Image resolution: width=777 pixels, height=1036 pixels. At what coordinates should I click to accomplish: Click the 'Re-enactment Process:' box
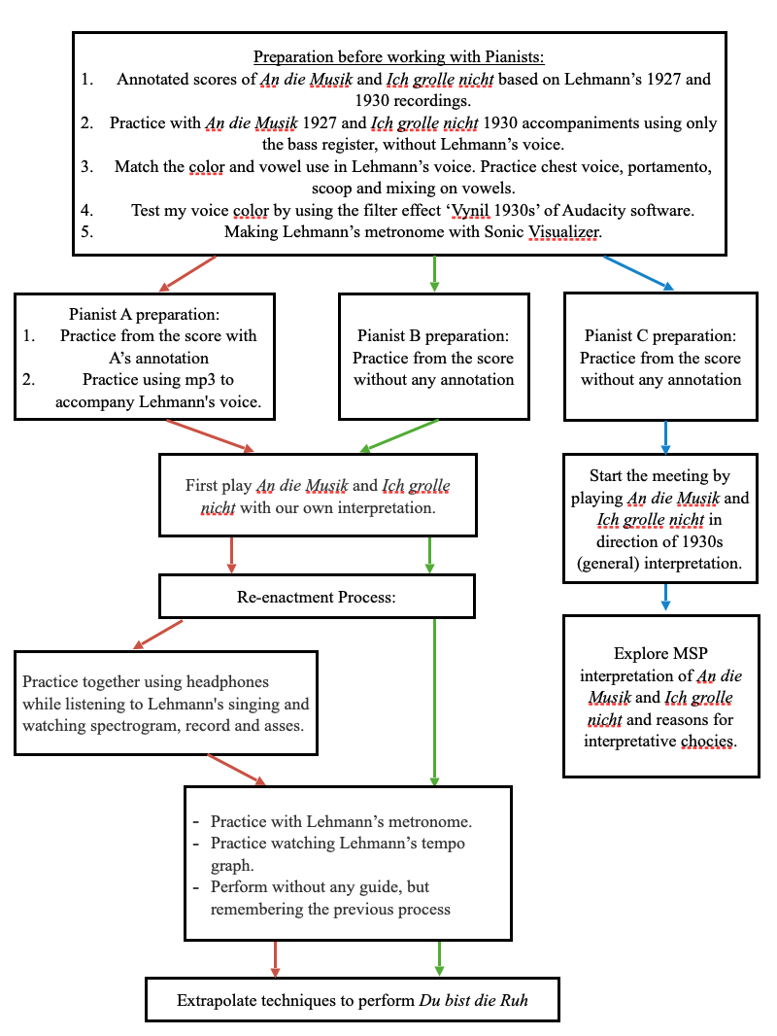(x=317, y=597)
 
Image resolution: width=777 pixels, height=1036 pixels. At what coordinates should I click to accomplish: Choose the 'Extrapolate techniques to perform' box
(x=352, y=1000)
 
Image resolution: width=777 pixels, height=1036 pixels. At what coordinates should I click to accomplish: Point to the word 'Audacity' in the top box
(x=574, y=209)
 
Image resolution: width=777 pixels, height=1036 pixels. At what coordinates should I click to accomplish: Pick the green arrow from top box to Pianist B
(x=433, y=274)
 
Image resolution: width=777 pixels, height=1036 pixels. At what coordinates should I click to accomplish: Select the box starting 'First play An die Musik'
(x=318, y=496)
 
